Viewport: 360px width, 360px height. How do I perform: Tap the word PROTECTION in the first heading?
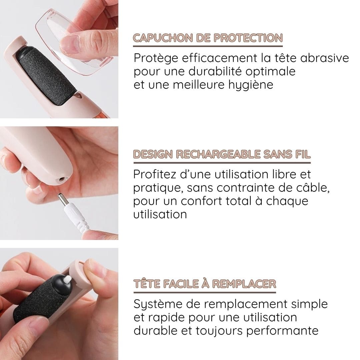click(248, 38)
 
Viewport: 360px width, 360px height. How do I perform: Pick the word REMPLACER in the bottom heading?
click(244, 284)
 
